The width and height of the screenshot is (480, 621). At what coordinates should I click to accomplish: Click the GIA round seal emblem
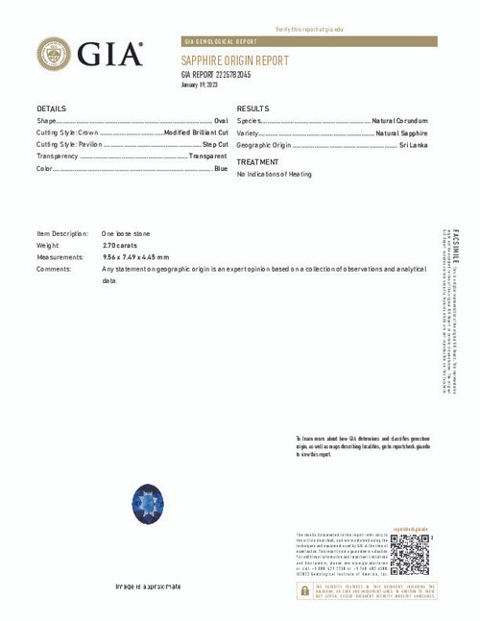(x=54, y=54)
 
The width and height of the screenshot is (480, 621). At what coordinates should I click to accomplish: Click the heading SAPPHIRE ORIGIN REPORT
(x=234, y=60)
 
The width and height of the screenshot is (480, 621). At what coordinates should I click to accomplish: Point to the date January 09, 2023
(x=201, y=85)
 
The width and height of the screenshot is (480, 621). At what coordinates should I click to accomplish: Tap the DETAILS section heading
(x=52, y=108)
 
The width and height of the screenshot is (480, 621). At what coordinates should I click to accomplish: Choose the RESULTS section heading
(x=253, y=108)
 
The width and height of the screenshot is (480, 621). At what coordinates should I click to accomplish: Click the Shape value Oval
(x=221, y=121)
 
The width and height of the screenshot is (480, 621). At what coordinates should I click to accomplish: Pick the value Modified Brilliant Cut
(x=196, y=132)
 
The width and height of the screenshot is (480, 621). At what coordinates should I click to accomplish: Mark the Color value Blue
(x=221, y=169)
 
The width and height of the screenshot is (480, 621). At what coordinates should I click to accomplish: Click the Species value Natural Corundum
(x=400, y=121)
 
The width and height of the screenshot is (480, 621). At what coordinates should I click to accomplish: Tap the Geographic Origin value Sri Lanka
(x=414, y=145)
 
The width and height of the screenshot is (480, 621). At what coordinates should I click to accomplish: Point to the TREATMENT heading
(x=258, y=162)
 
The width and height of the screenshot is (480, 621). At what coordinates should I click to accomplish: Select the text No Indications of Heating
(x=275, y=175)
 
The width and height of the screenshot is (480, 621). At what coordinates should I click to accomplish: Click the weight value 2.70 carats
(x=120, y=246)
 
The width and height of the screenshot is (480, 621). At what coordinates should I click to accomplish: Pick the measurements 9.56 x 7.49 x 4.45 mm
(x=135, y=257)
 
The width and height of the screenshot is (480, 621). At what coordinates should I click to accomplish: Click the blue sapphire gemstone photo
(x=148, y=504)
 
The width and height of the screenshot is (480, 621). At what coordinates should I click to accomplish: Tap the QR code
(x=410, y=554)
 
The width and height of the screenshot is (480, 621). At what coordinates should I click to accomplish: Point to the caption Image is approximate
(x=148, y=586)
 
